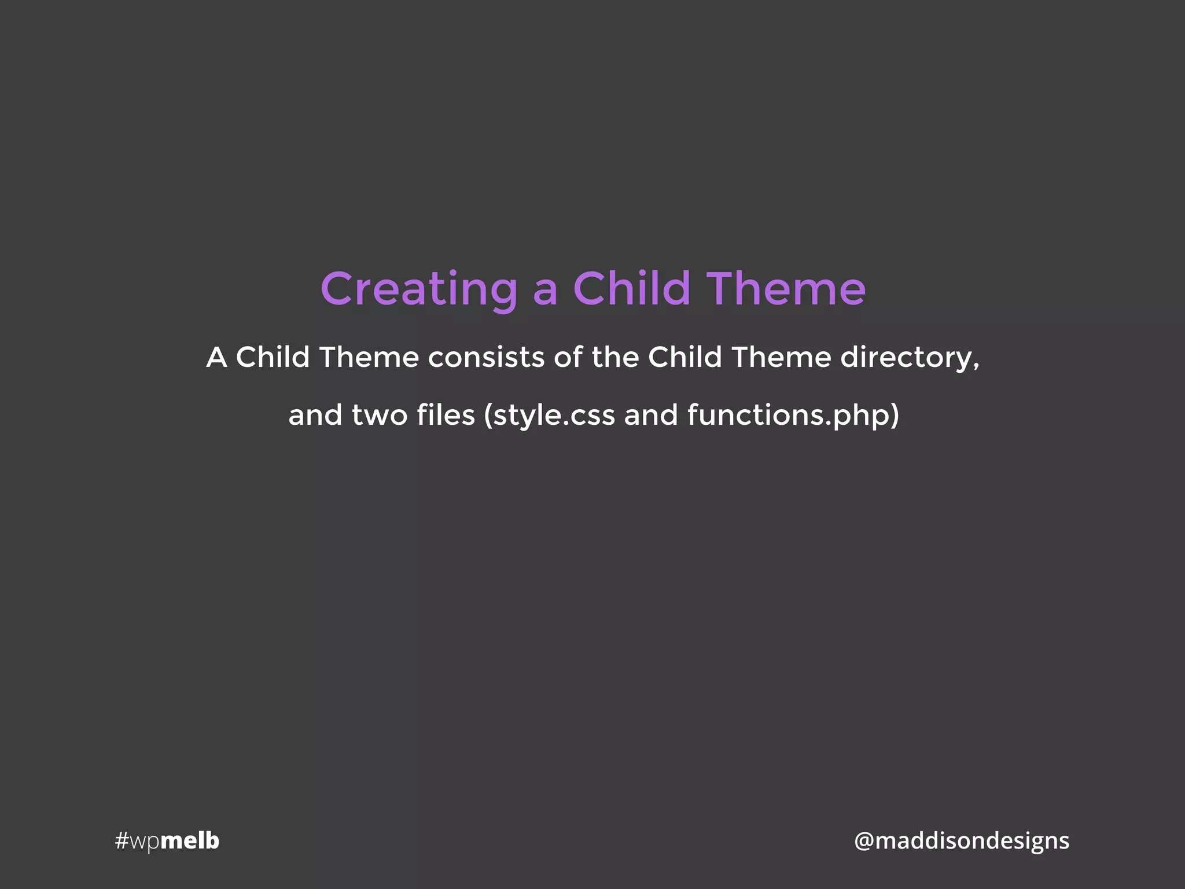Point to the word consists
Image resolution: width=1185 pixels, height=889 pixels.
486,357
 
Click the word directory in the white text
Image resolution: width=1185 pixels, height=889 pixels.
906,358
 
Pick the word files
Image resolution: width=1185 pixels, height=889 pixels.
446,415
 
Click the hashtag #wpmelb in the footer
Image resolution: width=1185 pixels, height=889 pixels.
167,840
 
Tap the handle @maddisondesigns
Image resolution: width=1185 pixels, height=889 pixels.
962,840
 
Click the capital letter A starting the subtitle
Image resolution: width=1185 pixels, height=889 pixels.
216,357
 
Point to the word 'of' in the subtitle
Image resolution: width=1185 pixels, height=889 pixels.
568,357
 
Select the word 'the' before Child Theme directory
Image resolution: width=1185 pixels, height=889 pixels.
614,357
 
